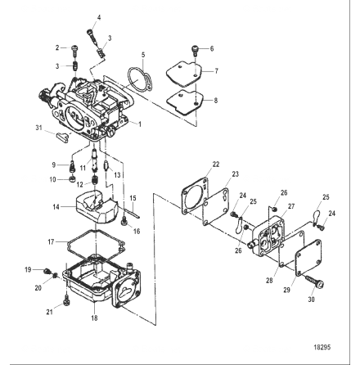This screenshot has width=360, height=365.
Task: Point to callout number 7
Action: [x=216, y=71]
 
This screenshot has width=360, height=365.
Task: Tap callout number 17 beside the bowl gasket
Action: [x=51, y=242]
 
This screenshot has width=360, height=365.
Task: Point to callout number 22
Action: [x=216, y=164]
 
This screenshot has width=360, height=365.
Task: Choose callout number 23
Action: [x=235, y=174]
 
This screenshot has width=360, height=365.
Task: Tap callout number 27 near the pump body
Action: [x=291, y=207]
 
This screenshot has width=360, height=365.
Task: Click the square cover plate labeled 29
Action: [x=302, y=263]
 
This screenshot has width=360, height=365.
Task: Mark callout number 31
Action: [x=38, y=128]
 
